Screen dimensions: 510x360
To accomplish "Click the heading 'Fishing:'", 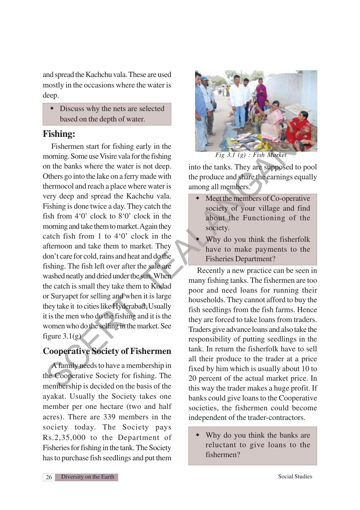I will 59,134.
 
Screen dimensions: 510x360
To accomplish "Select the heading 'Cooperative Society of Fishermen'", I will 107,351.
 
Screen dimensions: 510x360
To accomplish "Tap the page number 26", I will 49,477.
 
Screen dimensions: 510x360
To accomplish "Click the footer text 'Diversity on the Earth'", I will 88,477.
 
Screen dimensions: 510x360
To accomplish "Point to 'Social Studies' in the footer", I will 295,476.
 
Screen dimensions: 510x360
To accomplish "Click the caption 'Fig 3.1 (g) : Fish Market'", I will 251,155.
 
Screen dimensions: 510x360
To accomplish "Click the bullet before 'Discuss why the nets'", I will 52,108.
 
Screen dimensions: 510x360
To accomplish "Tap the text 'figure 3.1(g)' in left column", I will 62,336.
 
